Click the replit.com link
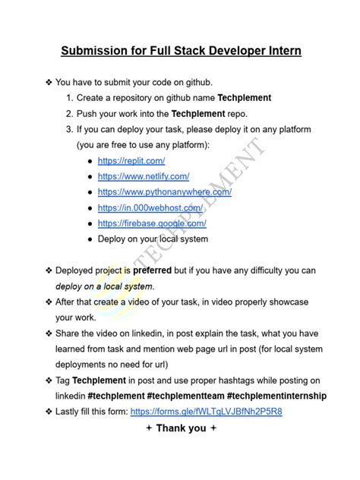click(x=131, y=161)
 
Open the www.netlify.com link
click(x=143, y=176)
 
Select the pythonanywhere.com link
click(x=164, y=192)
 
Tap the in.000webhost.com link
click(x=150, y=207)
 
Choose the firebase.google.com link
click(x=152, y=223)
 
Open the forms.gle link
click(x=207, y=412)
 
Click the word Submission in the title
click(x=96, y=51)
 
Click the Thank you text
click(x=181, y=428)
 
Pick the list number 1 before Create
click(x=69, y=98)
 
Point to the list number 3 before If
click(x=69, y=129)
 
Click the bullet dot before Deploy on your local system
click(x=90, y=239)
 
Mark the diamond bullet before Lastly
click(x=49, y=412)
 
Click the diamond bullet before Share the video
click(x=49, y=333)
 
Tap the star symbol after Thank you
click(x=214, y=428)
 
